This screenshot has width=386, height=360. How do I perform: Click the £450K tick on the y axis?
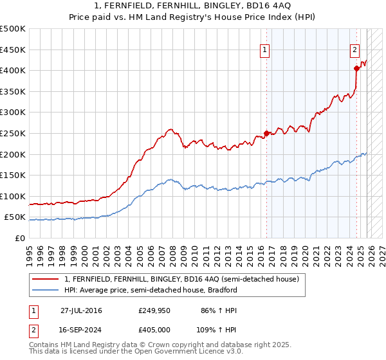[13, 50]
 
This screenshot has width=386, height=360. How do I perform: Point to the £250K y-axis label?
[13, 133]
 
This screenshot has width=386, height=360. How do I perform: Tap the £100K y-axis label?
[13, 196]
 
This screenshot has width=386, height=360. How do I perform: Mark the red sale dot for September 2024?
[356, 68]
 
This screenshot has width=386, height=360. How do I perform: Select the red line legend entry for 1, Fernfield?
[181, 279]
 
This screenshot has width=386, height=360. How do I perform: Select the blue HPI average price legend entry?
[151, 290]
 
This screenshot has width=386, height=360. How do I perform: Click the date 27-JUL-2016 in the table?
[81, 310]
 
